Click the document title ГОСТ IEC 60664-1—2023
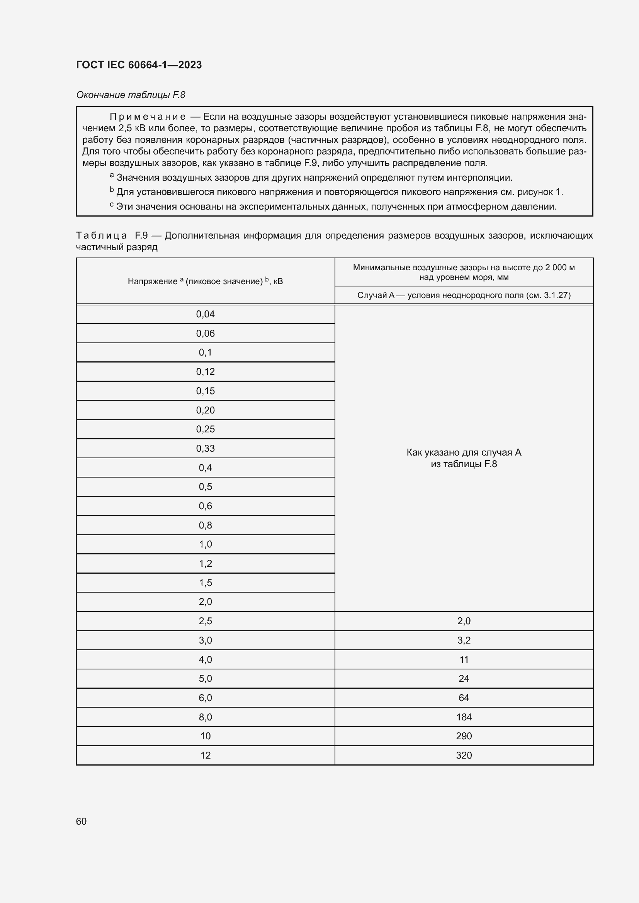click(x=139, y=65)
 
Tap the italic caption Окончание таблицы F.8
click(x=130, y=95)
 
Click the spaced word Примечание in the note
click(x=147, y=117)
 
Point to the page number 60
click(x=81, y=821)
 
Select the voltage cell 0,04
click(x=205, y=314)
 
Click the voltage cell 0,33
click(x=205, y=448)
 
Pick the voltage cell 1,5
click(x=205, y=583)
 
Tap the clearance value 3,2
click(x=464, y=640)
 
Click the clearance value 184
click(x=464, y=717)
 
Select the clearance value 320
click(x=464, y=755)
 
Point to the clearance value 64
click(x=464, y=698)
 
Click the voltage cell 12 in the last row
click(x=205, y=755)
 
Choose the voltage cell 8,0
click(x=205, y=717)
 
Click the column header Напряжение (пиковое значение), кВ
click(x=205, y=281)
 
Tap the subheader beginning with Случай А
click(x=464, y=295)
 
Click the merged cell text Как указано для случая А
click(x=464, y=452)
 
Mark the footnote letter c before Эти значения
click(x=112, y=205)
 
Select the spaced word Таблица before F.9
click(x=101, y=235)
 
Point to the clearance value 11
click(x=464, y=659)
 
